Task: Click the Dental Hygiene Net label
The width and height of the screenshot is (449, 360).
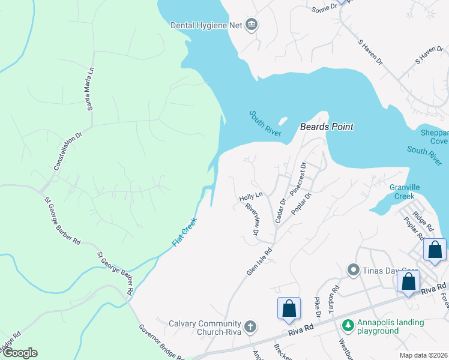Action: (x=206, y=25)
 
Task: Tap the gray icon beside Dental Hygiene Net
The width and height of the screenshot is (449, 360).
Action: (x=252, y=25)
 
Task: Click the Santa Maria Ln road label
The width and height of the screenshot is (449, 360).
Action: (x=91, y=89)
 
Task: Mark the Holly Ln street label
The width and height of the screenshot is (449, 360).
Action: (x=251, y=196)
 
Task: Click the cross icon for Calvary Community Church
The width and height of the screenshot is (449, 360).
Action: (x=250, y=327)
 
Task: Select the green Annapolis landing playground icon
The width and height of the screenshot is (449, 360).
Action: (x=347, y=325)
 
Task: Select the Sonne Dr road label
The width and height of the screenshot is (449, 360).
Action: (x=324, y=9)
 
